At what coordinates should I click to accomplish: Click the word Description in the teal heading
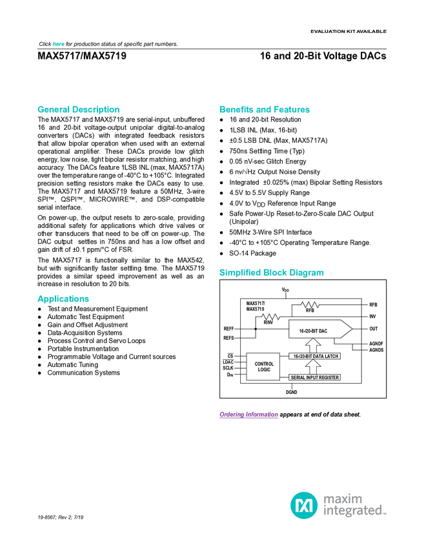click(96, 110)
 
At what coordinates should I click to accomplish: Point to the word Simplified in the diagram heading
click(241, 273)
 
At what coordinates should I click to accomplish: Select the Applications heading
click(63, 299)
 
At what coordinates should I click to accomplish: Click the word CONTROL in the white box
click(264, 364)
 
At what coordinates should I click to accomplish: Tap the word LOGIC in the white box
click(264, 370)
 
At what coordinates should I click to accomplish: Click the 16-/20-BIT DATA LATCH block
click(314, 356)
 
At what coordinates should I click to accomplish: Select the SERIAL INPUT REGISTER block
click(314, 377)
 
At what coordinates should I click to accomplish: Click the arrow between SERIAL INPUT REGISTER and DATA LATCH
click(312, 366)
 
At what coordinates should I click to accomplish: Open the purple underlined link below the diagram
click(248, 415)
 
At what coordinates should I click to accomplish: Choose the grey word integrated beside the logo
click(354, 511)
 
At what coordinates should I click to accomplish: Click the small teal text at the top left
click(58, 44)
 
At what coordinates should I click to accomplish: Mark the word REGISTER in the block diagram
click(328, 377)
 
